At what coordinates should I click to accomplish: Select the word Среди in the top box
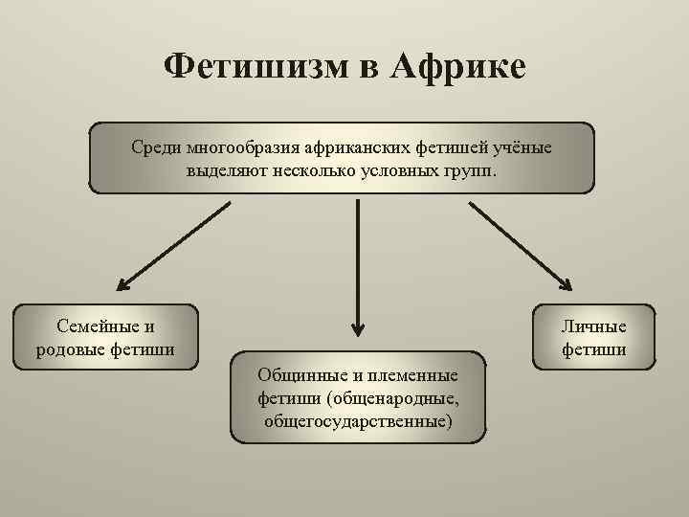click(156, 148)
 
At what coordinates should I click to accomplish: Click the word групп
click(474, 170)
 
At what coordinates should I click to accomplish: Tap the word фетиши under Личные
click(594, 349)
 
